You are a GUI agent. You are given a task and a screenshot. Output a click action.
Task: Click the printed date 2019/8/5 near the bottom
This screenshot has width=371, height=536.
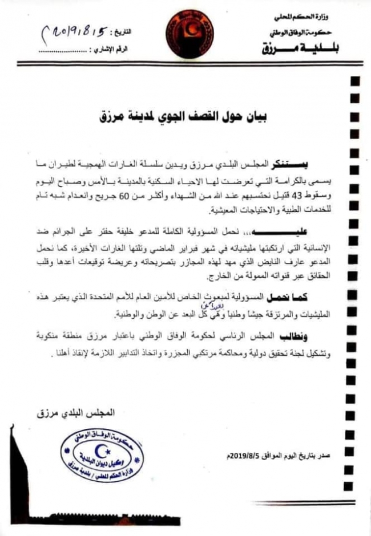click(x=244, y=455)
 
